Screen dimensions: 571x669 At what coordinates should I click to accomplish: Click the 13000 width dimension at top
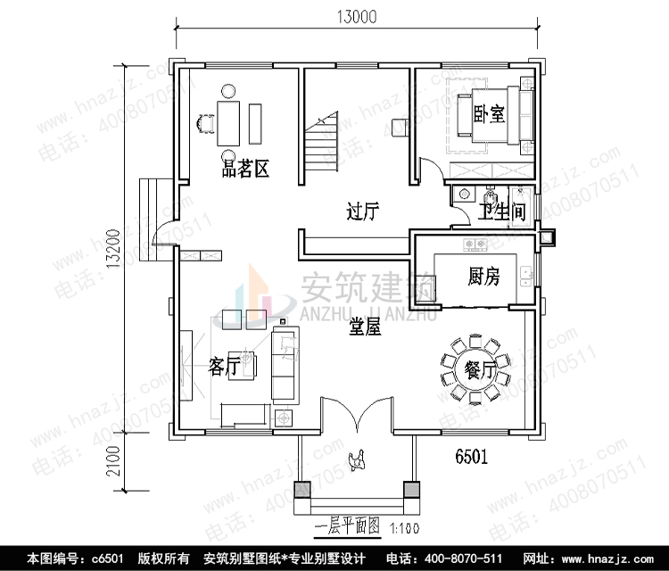(x=356, y=16)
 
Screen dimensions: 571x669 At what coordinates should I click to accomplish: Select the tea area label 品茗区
(x=246, y=168)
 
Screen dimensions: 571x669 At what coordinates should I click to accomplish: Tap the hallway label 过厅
(x=363, y=212)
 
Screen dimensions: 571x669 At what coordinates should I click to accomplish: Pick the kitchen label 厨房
(x=483, y=277)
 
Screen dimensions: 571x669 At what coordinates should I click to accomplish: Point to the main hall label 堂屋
(x=366, y=327)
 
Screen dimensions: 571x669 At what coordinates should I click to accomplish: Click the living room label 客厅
(x=223, y=366)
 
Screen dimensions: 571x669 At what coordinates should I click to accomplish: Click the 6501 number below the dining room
(x=471, y=457)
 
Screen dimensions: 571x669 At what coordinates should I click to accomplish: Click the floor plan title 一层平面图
(x=349, y=527)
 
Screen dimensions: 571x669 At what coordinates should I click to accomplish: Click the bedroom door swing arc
(x=428, y=170)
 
